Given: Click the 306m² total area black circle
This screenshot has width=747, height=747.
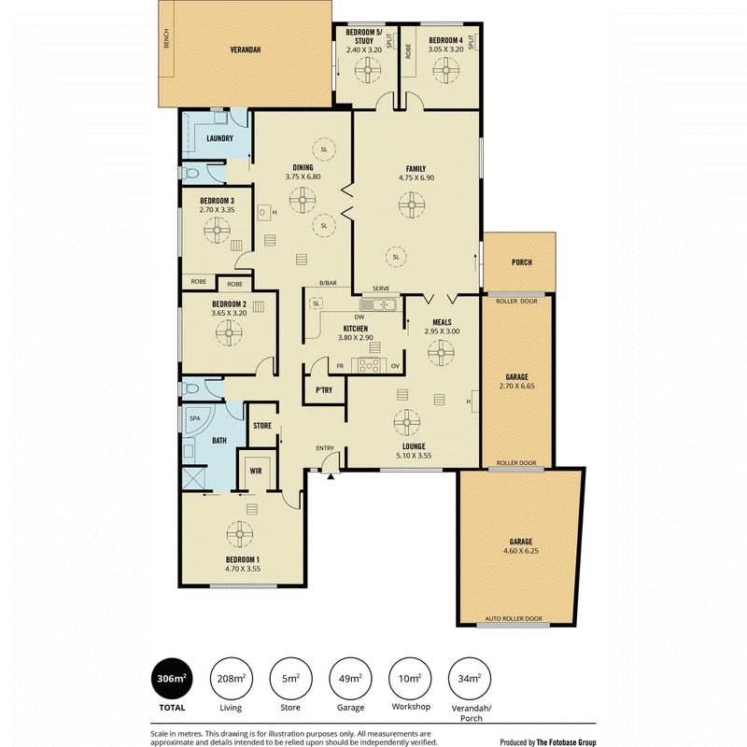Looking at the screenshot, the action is [x=172, y=679].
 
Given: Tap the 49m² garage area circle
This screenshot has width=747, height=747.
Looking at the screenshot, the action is [x=350, y=679].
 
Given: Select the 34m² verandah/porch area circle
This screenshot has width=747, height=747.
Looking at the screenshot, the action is [x=470, y=679].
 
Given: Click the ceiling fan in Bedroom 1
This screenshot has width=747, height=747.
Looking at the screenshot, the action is [x=240, y=534].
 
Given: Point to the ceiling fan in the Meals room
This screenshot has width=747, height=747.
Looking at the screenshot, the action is [x=441, y=353].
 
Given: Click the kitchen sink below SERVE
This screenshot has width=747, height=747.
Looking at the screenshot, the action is [x=378, y=304].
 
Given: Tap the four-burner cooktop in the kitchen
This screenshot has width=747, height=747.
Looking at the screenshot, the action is [x=369, y=365].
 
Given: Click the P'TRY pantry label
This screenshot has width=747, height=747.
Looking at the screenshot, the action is [x=324, y=390].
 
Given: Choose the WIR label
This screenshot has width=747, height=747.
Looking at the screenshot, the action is [x=256, y=472].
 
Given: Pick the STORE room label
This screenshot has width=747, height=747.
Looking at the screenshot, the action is [x=262, y=426].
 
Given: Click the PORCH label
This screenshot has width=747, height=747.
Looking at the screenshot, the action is [x=522, y=262].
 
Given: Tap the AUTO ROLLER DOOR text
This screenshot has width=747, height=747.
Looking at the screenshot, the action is [x=514, y=618].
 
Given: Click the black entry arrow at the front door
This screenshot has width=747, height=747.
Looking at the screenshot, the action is [x=331, y=476].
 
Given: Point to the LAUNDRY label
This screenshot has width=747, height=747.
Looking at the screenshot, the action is [x=219, y=138].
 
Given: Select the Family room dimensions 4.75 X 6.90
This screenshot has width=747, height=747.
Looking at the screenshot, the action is [x=416, y=177].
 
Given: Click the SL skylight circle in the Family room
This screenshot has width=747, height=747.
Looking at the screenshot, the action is [x=396, y=258].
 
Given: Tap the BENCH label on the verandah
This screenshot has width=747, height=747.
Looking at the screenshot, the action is [x=166, y=38].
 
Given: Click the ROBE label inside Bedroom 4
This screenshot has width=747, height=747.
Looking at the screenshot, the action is [x=408, y=51].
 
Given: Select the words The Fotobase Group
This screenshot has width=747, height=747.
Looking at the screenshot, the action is [x=566, y=741].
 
